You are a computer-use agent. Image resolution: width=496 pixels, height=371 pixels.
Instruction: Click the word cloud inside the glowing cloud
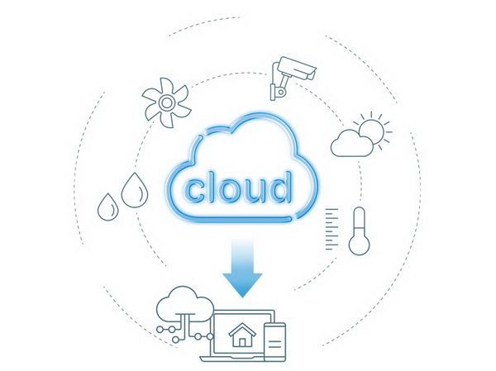pyautogui.click(x=237, y=188)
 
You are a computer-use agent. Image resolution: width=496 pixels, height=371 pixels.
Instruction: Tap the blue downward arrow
pyautogui.click(x=242, y=268)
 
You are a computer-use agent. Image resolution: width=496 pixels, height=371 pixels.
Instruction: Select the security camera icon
pyautogui.click(x=293, y=78)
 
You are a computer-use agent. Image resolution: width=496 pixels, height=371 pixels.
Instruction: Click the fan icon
pyautogui.click(x=166, y=102)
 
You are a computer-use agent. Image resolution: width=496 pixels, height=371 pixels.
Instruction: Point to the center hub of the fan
pyautogui.click(x=166, y=102)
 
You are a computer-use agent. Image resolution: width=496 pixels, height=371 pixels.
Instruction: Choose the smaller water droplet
pyautogui.click(x=108, y=207)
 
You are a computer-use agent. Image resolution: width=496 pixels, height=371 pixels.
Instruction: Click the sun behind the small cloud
pyautogui.click(x=374, y=131)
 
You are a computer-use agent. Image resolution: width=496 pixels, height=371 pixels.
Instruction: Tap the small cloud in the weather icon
pyautogui.click(x=351, y=144)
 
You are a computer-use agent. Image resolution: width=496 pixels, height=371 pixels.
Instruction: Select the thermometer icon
pyautogui.click(x=359, y=231)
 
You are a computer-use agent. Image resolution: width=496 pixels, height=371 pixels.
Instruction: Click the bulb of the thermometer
pyautogui.click(x=359, y=245)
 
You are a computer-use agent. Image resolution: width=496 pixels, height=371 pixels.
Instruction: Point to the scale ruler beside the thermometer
pyautogui.click(x=331, y=229)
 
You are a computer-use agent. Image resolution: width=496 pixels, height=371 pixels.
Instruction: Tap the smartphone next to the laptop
pyautogui.click(x=275, y=342)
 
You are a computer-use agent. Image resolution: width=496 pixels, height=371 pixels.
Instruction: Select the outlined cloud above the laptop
pyautogui.click(x=185, y=304)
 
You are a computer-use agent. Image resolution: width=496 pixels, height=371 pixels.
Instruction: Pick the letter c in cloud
pyautogui.click(x=194, y=192)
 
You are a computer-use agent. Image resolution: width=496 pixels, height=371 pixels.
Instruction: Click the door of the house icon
pyautogui.click(x=242, y=343)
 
